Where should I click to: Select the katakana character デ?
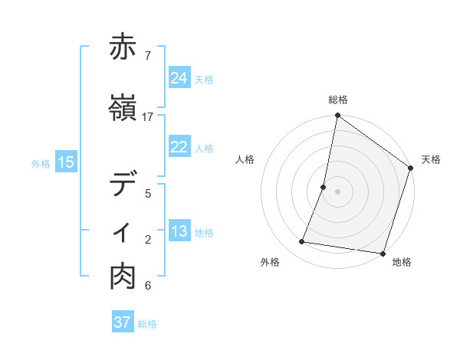[x=123, y=185]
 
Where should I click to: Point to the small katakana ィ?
[x=123, y=232]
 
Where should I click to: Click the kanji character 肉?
[x=123, y=277]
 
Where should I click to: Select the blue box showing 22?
[x=179, y=147]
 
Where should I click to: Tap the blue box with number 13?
[x=179, y=232]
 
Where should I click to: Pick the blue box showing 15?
[x=66, y=162]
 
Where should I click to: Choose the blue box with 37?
[x=123, y=323]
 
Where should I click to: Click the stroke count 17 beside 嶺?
[x=148, y=117]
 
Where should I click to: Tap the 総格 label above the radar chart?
[x=338, y=100]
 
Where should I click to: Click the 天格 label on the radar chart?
[x=431, y=159]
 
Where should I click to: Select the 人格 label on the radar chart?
[x=245, y=159]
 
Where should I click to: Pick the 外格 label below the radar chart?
[x=270, y=262]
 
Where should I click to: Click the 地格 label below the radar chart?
[x=402, y=262]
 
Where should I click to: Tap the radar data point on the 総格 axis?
[x=337, y=116]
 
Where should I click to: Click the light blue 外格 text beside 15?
[x=41, y=163]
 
